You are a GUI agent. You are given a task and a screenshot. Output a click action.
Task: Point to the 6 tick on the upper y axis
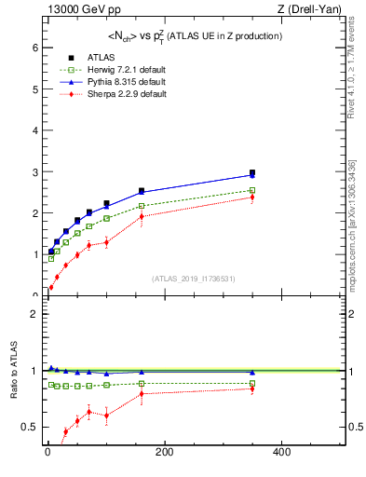tap(34, 48)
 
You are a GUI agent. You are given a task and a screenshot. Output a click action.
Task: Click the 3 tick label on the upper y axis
tap(34, 172)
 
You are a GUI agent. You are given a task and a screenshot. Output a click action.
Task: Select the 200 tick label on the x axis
tap(165, 452)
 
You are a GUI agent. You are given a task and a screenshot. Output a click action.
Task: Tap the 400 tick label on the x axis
tap(281, 452)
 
